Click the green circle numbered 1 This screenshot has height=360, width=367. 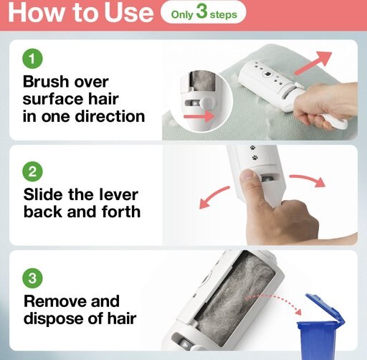pos(32,59)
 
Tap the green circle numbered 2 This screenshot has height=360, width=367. pos(32,171)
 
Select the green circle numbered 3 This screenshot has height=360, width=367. pos(32,278)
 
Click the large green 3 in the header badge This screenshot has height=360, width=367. pos(201,11)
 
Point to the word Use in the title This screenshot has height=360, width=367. pos(128,12)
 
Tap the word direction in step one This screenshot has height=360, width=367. pos(110,116)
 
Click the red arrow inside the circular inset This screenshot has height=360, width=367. pos(199,116)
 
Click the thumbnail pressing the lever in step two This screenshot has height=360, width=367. pos(248,176)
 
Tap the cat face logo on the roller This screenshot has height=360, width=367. pos(266,74)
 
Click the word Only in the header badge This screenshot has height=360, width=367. pos(182,15)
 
